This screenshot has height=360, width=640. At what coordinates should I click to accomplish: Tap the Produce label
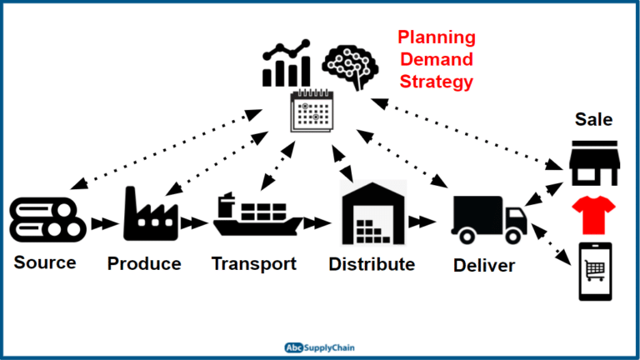point(144,264)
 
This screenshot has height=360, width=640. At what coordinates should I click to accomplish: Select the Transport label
point(253,264)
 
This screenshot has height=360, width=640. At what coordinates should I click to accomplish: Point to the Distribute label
point(372,265)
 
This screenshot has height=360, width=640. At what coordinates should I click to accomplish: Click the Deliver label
point(484,266)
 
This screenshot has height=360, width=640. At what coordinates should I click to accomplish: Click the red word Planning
point(436,37)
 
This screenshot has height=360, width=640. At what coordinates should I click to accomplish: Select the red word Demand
point(436,60)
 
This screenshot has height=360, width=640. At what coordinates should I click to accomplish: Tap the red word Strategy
point(436,82)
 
